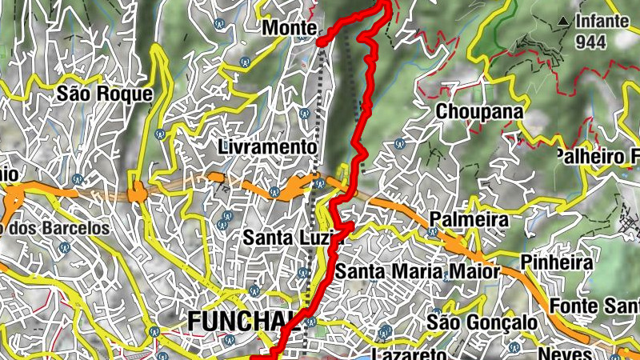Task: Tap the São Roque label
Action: coord(104,94)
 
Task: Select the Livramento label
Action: coord(268,147)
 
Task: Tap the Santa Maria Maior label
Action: coord(416,272)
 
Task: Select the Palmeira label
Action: coord(469,218)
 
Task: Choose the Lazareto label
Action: coord(409,354)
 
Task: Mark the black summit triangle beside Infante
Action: coord(565,20)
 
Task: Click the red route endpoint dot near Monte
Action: coord(321,42)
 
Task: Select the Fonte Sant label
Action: coord(595,306)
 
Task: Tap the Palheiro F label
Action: coord(596,155)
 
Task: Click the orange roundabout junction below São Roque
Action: coord(140,193)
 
